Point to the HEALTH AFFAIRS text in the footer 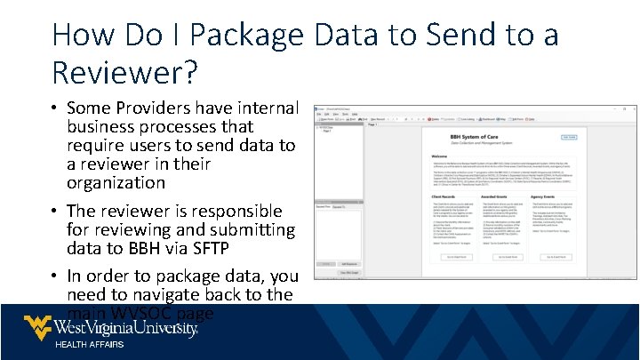tap(89, 344)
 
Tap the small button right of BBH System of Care tap(570, 137)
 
